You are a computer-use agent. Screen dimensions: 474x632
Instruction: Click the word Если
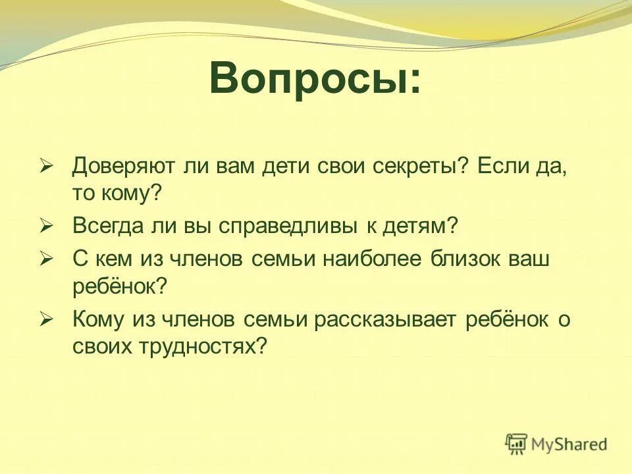tap(503, 166)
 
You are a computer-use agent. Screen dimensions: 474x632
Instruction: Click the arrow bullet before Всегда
tap(45, 226)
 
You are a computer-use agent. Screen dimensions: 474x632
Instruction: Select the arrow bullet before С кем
tap(45, 258)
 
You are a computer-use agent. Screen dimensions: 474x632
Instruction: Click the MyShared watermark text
tap(569, 444)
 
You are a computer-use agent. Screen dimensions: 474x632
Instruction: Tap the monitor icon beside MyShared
tap(517, 444)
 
